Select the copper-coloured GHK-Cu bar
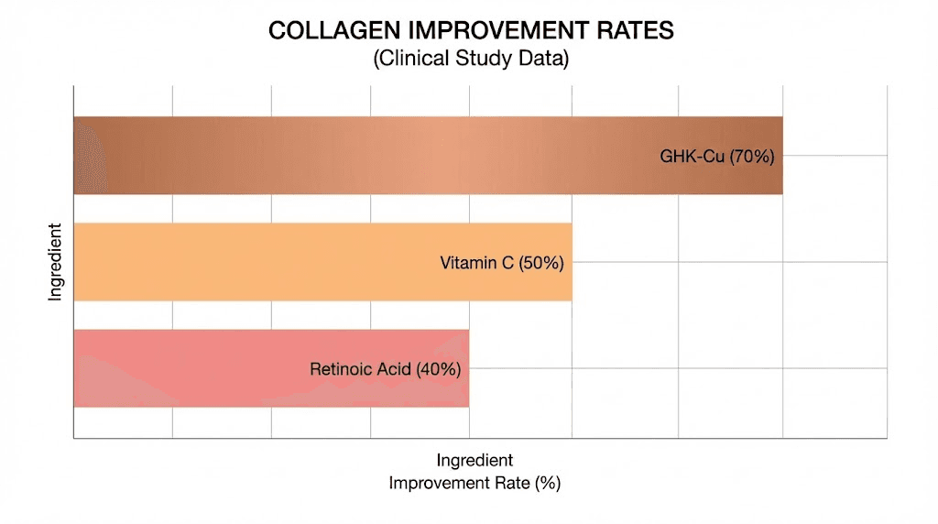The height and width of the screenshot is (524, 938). (x=366, y=156)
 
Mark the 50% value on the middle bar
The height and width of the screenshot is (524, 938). (x=541, y=263)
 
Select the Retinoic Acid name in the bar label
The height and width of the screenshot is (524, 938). (x=361, y=370)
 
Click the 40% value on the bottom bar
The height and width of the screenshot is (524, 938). (x=438, y=370)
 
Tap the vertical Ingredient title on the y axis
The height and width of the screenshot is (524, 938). (x=55, y=262)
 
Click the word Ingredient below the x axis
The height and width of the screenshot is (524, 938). (x=474, y=460)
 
